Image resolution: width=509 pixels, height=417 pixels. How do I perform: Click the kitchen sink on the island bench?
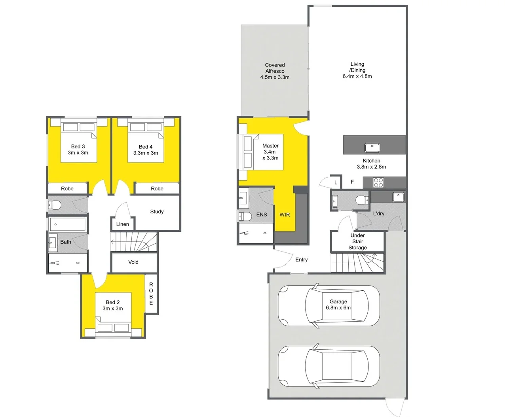372,148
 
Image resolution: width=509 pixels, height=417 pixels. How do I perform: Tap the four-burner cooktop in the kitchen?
378,182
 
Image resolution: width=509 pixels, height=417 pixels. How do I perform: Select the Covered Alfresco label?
275,71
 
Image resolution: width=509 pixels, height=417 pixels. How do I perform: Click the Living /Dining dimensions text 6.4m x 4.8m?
357,76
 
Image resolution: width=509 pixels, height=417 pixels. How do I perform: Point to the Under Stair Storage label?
357,241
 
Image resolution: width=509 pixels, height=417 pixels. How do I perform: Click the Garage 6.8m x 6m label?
338,305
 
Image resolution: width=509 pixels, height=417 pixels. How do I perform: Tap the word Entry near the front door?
301,260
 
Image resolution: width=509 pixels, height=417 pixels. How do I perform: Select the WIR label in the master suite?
285,214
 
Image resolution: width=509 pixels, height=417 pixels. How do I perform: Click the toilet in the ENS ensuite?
245,216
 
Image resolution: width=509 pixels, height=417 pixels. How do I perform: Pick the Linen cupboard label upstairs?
122,224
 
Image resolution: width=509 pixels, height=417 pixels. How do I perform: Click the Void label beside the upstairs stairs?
133,262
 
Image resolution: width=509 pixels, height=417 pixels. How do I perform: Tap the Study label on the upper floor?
157,212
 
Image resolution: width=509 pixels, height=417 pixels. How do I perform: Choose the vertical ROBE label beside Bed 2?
151,294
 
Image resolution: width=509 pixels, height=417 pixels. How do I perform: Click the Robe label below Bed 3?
67,188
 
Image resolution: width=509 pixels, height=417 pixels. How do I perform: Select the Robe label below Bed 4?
157,188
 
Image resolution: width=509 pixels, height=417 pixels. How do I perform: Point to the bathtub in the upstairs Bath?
68,224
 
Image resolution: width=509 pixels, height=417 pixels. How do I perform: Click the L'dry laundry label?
378,214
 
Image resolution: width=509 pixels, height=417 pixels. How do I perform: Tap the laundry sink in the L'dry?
397,197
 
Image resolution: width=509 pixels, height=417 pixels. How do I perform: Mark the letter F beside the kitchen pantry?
352,182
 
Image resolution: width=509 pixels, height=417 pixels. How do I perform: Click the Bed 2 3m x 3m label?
113,305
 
